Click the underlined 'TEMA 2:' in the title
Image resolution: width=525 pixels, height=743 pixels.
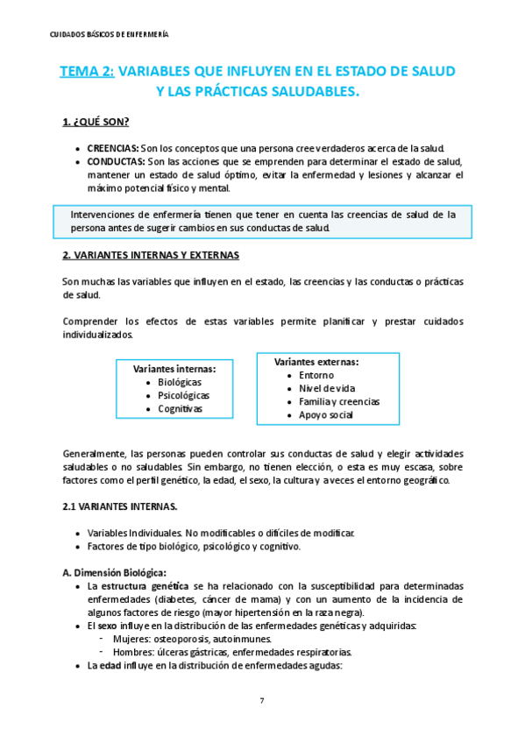pyautogui.click(x=87, y=72)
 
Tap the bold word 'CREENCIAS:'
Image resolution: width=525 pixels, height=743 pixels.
pyautogui.click(x=112, y=148)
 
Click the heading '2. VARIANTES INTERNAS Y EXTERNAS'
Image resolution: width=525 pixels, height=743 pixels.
pyautogui.click(x=151, y=255)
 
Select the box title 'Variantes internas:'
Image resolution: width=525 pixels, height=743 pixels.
pyautogui.click(x=174, y=369)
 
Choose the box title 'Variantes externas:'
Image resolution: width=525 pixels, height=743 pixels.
pyautogui.click(x=316, y=362)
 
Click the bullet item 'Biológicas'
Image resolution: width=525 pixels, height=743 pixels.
pyautogui.click(x=179, y=382)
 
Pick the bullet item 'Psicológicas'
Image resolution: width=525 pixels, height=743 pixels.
pyautogui.click(x=183, y=395)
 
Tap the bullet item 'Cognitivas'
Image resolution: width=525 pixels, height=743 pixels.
pyautogui.click(x=180, y=408)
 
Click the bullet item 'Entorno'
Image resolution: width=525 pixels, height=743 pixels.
pyautogui.click(x=316, y=375)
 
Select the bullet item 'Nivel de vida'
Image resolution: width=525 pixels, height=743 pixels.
pyautogui.click(x=328, y=388)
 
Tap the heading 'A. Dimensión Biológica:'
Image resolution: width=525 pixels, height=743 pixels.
pyautogui.click(x=115, y=572)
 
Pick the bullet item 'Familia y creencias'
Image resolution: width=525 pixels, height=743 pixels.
pyautogui.click(x=339, y=401)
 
